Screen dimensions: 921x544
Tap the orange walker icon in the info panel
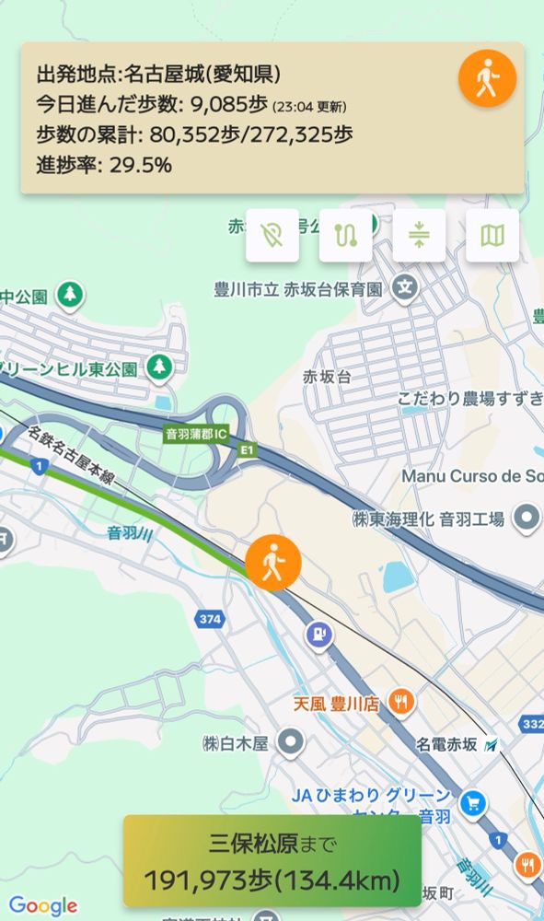coord(487,79)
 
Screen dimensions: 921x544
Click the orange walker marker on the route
coord(273,561)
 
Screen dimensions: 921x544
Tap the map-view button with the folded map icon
coord(492,236)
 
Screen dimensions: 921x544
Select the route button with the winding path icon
coord(345,236)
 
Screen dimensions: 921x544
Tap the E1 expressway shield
coord(246,449)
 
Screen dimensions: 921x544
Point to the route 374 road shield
coord(209,620)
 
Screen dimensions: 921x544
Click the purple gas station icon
coord(319,635)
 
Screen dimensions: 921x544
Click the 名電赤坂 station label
coord(448,743)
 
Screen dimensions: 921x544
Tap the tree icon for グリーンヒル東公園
coord(160,367)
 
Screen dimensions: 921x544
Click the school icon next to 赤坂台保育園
coord(403,288)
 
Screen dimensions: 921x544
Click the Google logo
coord(42,906)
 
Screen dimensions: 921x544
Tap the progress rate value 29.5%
coord(141,166)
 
